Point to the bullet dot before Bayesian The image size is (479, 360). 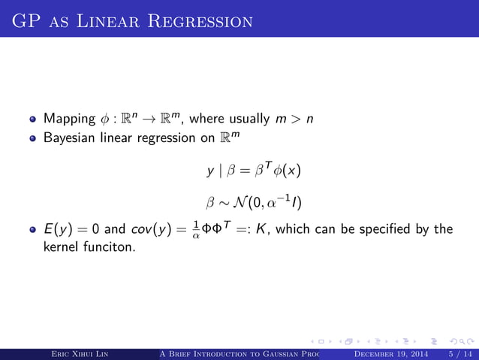pyautogui.click(x=34, y=139)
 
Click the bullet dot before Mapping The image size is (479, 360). pyautogui.click(x=34, y=119)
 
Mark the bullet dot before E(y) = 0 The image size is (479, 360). pyautogui.click(x=34, y=230)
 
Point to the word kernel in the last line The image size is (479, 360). pyautogui.click(x=60, y=246)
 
